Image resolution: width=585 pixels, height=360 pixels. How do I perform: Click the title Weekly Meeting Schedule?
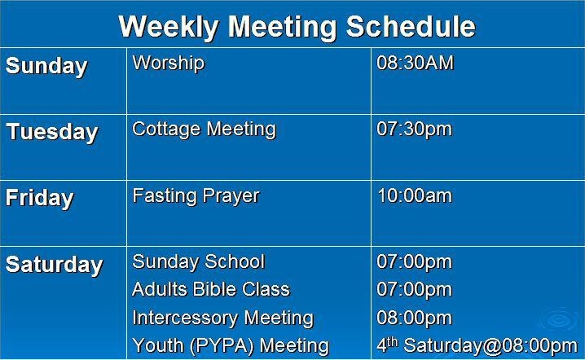pyautogui.click(x=297, y=27)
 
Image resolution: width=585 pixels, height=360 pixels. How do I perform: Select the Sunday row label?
pyautogui.click(x=46, y=67)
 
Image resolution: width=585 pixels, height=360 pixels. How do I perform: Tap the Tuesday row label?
pyautogui.click(x=52, y=133)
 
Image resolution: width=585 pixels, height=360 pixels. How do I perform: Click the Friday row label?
pyautogui.click(x=40, y=199)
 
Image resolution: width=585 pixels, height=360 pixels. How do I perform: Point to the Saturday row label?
pyautogui.click(x=54, y=265)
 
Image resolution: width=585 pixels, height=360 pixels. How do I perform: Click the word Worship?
pyautogui.click(x=169, y=63)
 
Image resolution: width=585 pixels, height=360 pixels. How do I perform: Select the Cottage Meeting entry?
pyautogui.click(x=204, y=130)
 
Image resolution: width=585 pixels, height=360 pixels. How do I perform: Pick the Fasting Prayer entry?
pyautogui.click(x=196, y=196)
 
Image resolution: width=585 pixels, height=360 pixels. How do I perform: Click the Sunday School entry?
pyautogui.click(x=199, y=261)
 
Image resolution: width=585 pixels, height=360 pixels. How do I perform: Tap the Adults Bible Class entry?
pyautogui.click(x=211, y=289)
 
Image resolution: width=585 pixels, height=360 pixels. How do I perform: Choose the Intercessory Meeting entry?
pyautogui.click(x=223, y=318)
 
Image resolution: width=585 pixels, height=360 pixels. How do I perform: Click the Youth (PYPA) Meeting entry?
pyautogui.click(x=231, y=346)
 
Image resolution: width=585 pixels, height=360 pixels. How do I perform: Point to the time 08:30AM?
pyautogui.click(x=416, y=63)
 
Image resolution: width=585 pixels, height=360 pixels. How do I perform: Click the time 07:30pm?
pyautogui.click(x=415, y=130)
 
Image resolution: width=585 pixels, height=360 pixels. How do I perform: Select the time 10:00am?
pyautogui.click(x=415, y=195)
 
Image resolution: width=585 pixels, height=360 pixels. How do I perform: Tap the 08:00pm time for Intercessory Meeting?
pyautogui.click(x=415, y=318)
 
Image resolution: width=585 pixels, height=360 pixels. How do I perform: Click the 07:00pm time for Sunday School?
pyautogui.click(x=415, y=262)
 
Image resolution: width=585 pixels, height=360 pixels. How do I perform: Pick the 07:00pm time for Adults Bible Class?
pyautogui.click(x=415, y=290)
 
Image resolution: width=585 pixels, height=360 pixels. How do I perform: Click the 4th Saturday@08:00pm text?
pyautogui.click(x=477, y=346)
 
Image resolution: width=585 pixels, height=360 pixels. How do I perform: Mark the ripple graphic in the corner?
pyautogui.click(x=560, y=320)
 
